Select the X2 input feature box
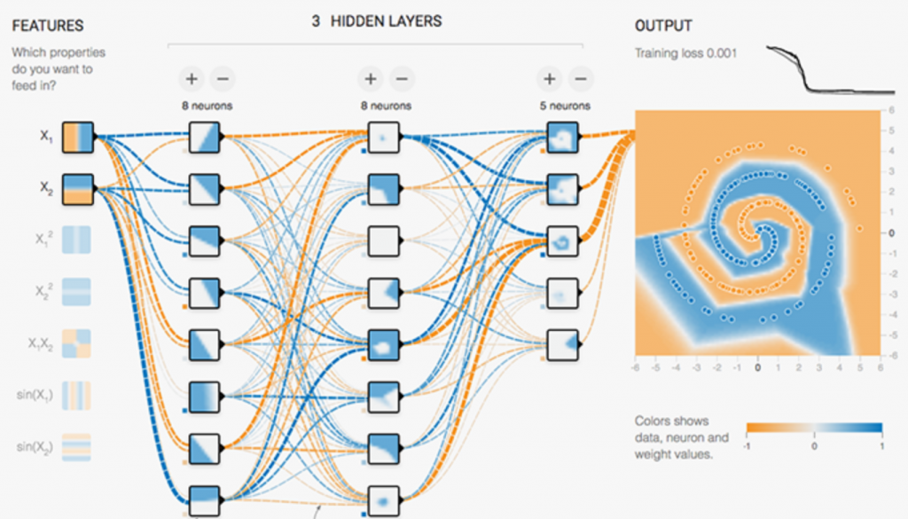77,189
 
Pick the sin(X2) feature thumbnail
77,444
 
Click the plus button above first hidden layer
192,79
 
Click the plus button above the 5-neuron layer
550,79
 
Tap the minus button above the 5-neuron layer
581,79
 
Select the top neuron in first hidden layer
204,138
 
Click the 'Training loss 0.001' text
685,53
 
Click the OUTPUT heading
663,26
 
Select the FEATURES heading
47,26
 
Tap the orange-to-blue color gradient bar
814,429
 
